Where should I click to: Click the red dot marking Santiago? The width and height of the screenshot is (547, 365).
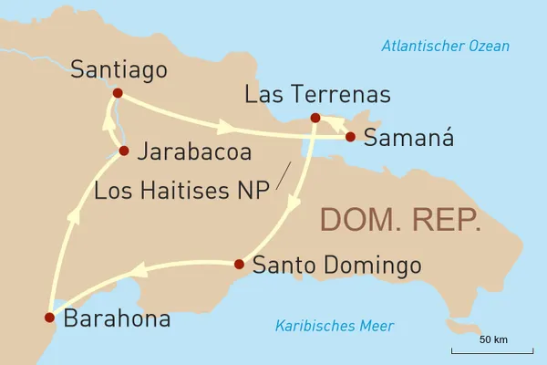(x=117, y=92)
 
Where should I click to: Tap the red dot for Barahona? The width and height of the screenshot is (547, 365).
(x=49, y=318)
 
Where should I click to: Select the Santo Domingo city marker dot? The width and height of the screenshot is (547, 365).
(x=239, y=265)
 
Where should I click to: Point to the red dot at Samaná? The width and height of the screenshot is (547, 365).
(x=349, y=138)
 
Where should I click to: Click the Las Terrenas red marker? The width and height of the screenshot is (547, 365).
(x=315, y=118)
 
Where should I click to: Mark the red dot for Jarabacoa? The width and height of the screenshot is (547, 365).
(x=124, y=151)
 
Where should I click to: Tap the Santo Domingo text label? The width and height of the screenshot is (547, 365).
(x=336, y=266)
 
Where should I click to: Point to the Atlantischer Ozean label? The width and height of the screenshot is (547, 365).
(x=446, y=47)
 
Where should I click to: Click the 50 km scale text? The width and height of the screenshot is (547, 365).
(x=493, y=339)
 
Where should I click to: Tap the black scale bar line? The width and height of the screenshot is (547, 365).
(x=492, y=351)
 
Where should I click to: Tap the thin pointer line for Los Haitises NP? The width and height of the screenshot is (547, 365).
(x=284, y=172)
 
